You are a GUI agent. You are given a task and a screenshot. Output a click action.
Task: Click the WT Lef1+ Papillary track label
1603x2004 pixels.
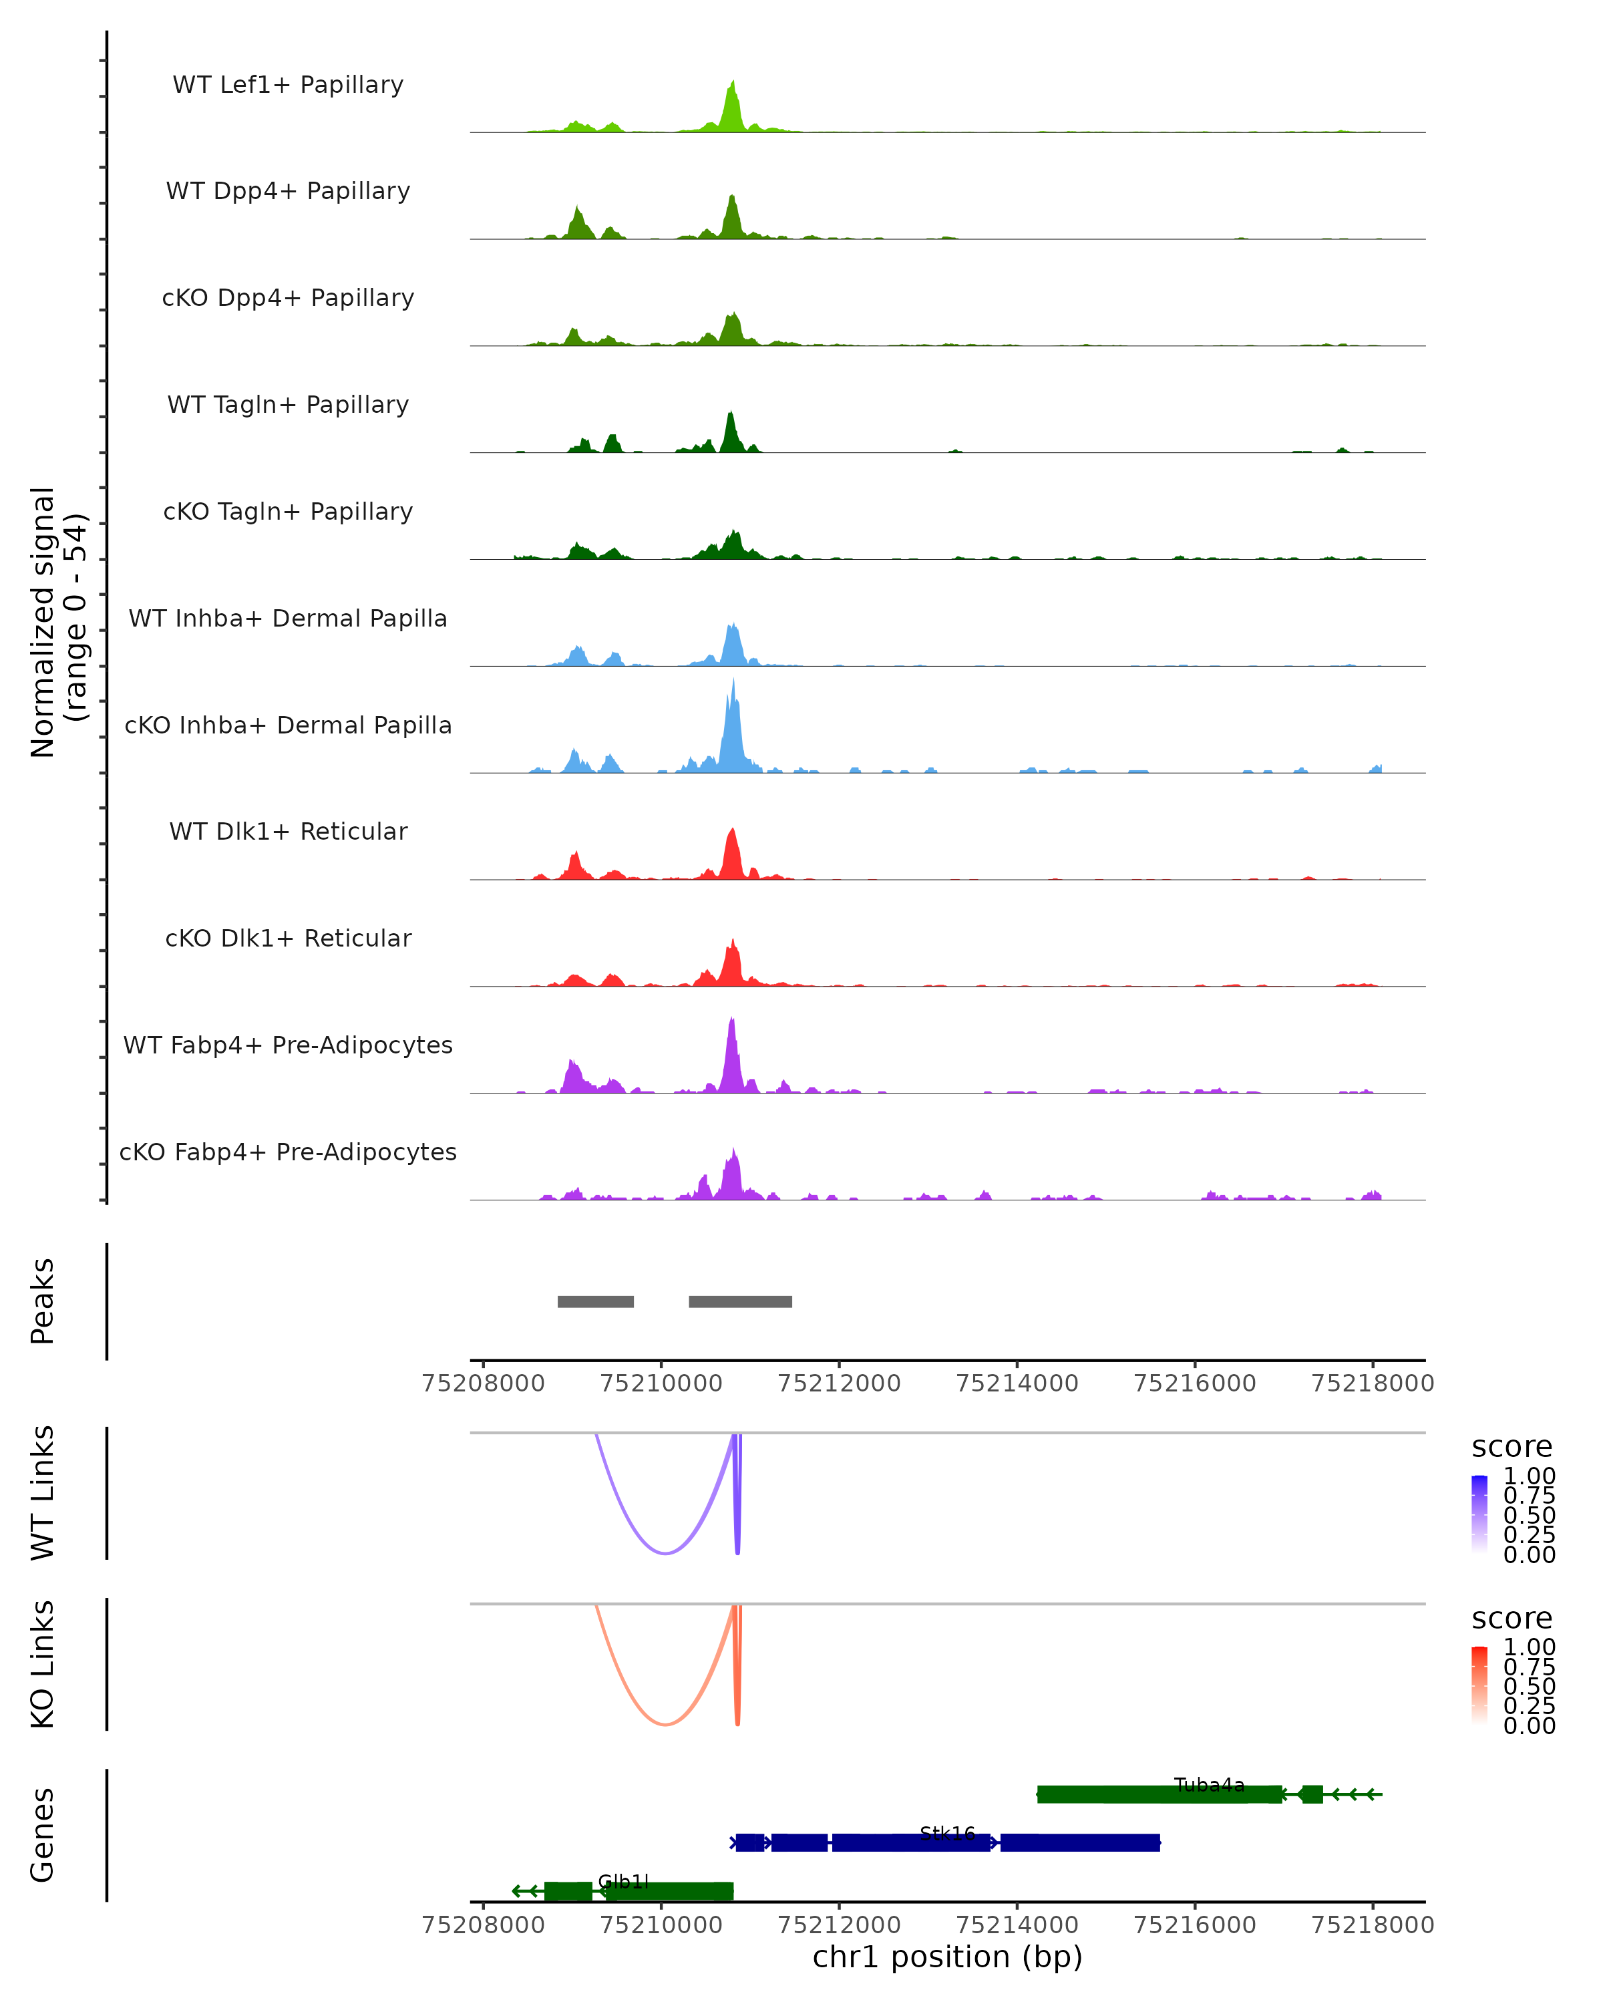click(288, 85)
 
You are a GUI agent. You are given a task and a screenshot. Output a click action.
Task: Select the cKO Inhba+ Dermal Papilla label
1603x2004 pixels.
click(288, 725)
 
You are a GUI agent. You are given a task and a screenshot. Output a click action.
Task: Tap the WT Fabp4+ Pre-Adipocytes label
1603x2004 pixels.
click(288, 1045)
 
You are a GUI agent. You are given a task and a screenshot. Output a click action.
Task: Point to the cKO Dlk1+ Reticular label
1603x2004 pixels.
click(288, 938)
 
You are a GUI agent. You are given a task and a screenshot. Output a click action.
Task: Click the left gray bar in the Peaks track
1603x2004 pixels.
click(596, 1301)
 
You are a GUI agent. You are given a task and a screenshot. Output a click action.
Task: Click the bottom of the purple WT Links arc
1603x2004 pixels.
click(665, 1553)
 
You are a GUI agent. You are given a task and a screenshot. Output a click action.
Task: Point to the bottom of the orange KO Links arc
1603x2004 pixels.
click(665, 1724)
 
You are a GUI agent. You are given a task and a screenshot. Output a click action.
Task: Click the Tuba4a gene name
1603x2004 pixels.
click(1209, 1785)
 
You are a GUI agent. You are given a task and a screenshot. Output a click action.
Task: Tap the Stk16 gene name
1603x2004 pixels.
click(948, 1833)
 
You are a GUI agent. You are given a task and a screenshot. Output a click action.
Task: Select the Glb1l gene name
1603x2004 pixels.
click(624, 1881)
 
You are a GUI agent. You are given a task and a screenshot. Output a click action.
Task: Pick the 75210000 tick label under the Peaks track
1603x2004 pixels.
click(661, 1383)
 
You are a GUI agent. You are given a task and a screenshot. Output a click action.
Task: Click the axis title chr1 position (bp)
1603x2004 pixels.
click(947, 1957)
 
